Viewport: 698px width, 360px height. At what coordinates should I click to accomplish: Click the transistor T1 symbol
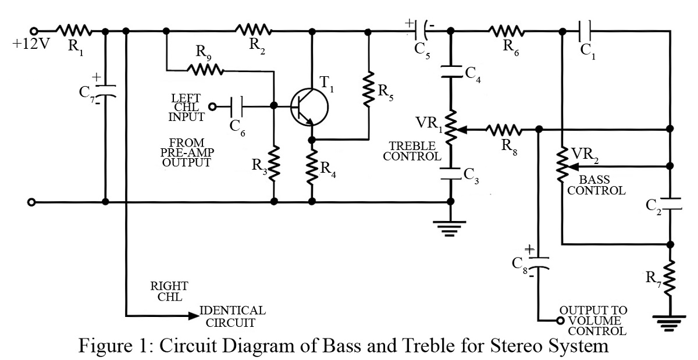point(309,106)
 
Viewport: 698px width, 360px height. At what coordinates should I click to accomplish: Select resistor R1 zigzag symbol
point(73,30)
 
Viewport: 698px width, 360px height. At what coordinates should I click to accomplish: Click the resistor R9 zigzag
point(205,69)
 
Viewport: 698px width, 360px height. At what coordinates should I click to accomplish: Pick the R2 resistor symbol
point(254,30)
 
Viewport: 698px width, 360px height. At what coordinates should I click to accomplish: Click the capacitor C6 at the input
point(238,106)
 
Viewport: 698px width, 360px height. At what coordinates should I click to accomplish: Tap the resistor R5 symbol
point(368,87)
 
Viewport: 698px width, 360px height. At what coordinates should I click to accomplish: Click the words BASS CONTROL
point(596,185)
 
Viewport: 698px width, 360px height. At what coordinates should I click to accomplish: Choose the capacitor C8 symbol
point(539,262)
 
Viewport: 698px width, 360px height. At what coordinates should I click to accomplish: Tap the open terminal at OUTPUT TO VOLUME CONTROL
point(561,320)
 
